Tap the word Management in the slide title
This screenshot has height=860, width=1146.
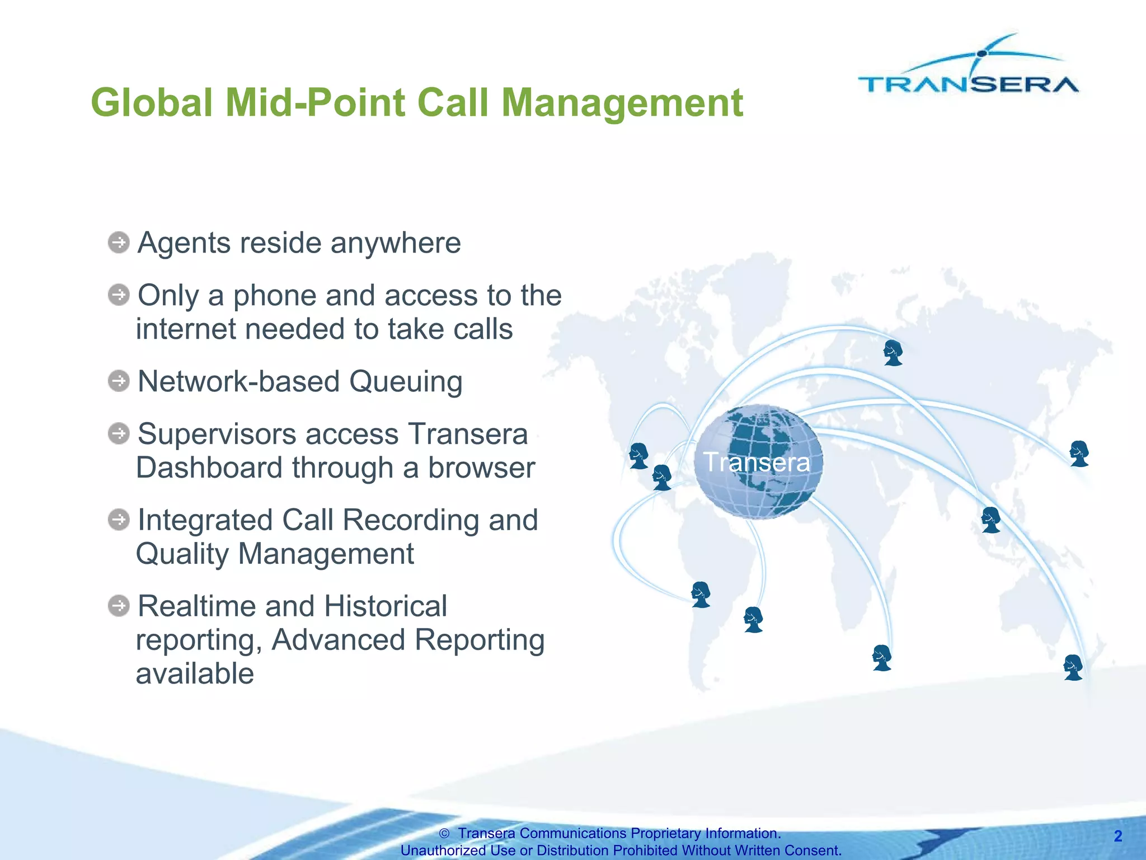tap(622, 103)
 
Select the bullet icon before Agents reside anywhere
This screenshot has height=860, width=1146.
tap(119, 243)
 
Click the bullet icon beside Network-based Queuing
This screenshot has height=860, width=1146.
tap(119, 381)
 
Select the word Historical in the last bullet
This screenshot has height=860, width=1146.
tap(385, 606)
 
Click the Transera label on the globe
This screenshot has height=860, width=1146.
tap(757, 462)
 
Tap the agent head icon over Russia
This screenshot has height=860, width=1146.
tap(893, 353)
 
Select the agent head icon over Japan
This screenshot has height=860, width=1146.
tap(1079, 454)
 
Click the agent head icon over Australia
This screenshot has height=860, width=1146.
tap(1073, 667)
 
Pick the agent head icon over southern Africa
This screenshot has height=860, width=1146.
tap(882, 658)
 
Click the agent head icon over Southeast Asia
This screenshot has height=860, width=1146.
tap(990, 520)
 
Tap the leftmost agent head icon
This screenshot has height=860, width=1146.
tap(638, 456)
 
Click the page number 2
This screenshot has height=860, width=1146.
tap(1117, 836)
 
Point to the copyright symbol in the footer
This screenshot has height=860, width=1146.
tap(444, 834)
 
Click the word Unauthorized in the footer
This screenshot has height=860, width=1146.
tap(443, 850)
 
